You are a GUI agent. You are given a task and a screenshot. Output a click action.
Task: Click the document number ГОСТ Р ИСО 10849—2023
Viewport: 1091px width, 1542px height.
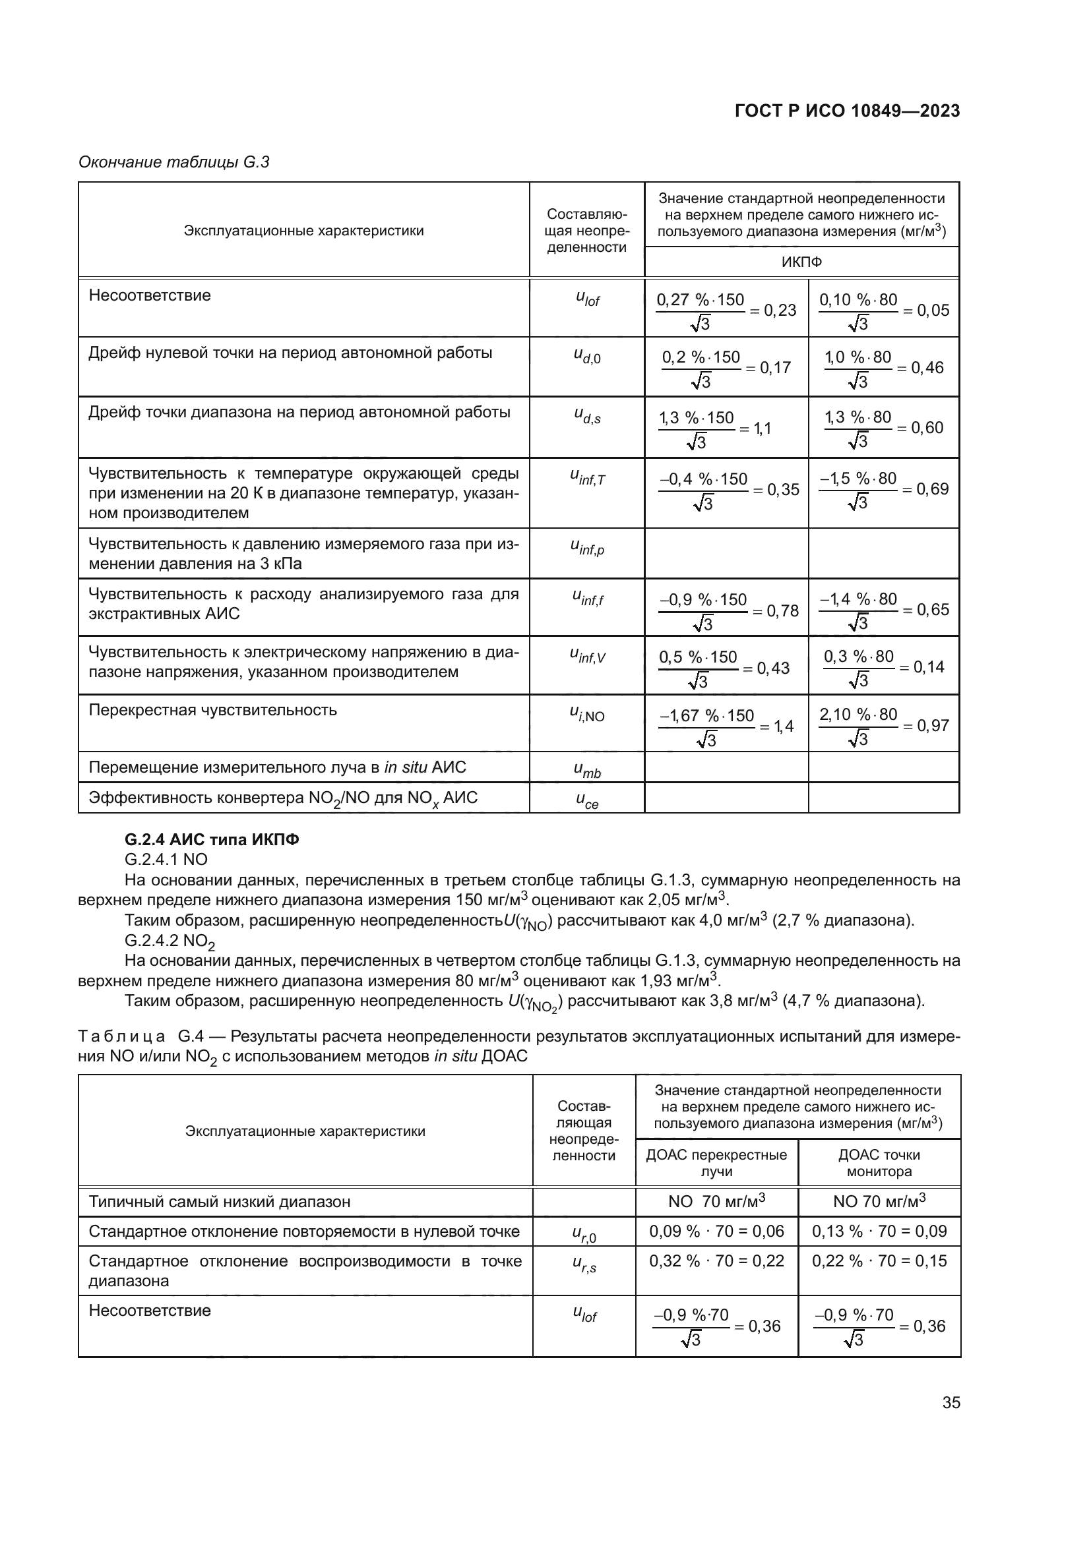coord(847,111)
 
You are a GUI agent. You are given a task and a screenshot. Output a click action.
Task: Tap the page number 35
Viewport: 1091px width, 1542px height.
coord(951,1402)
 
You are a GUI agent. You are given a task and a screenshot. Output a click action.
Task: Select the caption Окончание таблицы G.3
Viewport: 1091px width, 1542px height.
coord(174,162)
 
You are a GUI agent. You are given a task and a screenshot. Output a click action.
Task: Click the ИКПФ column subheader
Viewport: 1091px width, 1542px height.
coord(801,262)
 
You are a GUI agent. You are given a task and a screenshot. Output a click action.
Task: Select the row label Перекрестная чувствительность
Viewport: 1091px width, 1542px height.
coord(212,710)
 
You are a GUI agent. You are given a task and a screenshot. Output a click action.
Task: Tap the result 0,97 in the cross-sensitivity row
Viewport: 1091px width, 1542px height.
coord(933,725)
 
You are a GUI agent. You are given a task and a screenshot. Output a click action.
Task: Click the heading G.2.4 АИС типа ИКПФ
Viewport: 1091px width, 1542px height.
coord(212,839)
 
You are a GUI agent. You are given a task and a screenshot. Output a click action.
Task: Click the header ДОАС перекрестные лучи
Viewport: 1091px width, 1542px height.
coord(716,1162)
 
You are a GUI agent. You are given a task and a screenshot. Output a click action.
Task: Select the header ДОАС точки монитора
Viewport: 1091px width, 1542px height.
coord(879,1162)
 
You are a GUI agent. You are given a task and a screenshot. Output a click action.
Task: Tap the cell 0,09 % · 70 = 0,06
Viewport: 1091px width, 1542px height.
coord(716,1231)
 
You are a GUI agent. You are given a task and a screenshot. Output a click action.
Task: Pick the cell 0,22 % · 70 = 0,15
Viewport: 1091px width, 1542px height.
coord(879,1260)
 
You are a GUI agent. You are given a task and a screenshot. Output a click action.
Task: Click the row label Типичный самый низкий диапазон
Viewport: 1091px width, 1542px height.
coord(219,1202)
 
